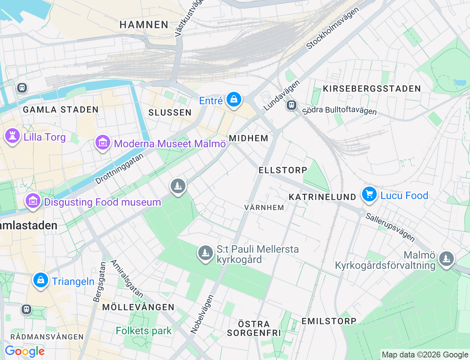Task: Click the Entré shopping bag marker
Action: (234, 99)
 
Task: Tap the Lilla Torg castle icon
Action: (12, 136)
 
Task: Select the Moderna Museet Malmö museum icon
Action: (103, 143)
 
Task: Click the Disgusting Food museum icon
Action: (33, 201)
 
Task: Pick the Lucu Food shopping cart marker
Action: (369, 194)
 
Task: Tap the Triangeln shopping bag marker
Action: (41, 280)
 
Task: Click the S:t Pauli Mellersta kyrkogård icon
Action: (206, 253)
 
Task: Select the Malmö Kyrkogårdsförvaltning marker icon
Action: (446, 259)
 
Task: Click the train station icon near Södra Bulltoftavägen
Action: (292, 105)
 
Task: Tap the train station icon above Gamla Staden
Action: (22, 88)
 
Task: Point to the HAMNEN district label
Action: (144, 25)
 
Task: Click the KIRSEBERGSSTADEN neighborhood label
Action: (372, 89)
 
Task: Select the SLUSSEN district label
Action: (170, 112)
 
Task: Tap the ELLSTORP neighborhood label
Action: (283, 170)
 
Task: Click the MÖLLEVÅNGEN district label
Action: (138, 307)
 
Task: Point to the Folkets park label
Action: (144, 331)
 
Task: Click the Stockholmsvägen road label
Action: (332, 28)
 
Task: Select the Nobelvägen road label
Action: (202, 314)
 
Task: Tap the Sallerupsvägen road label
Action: (390, 228)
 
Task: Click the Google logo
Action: (25, 352)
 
